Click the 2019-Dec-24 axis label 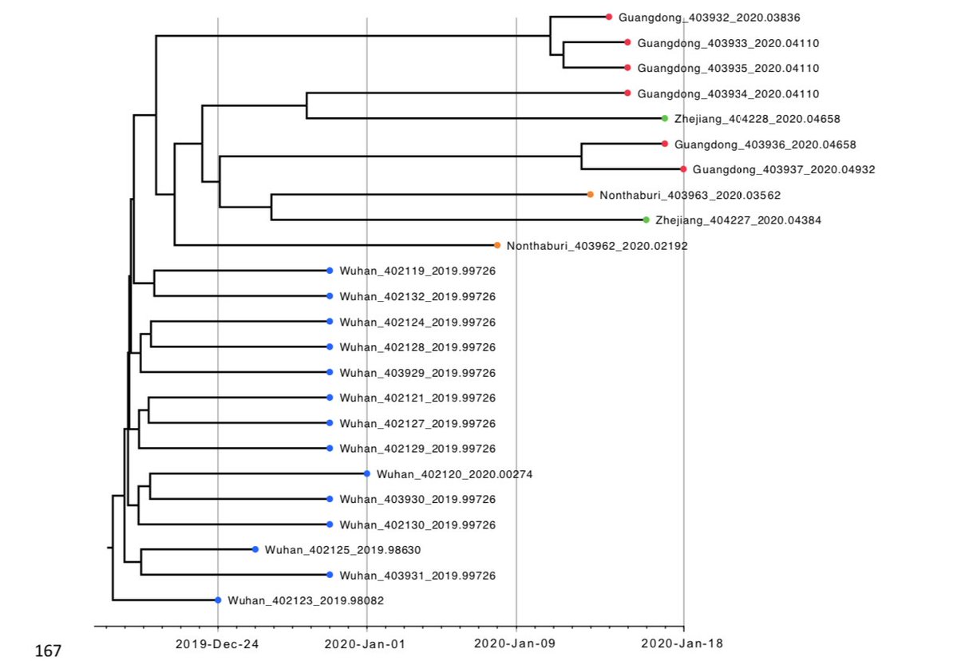pyautogui.click(x=217, y=643)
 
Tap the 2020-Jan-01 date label pyautogui.click(x=366, y=643)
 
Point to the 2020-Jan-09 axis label pyautogui.click(x=516, y=643)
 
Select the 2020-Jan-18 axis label pyautogui.click(x=683, y=643)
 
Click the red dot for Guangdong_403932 pyautogui.click(x=608, y=17)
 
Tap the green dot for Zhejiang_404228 pyautogui.click(x=664, y=118)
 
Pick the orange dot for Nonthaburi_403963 pyautogui.click(x=590, y=194)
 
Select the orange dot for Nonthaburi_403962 pyautogui.click(x=496, y=245)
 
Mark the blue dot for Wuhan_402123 pyautogui.click(x=218, y=600)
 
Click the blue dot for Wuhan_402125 pyautogui.click(x=255, y=549)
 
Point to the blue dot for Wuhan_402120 pyautogui.click(x=366, y=473)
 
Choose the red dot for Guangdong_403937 pyautogui.click(x=683, y=169)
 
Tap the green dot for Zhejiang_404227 pyautogui.click(x=646, y=220)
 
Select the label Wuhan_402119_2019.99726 pyautogui.click(x=417, y=271)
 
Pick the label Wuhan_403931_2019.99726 pyautogui.click(x=417, y=576)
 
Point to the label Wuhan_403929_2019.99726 pyautogui.click(x=417, y=373)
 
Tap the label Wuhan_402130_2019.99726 pyautogui.click(x=417, y=525)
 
